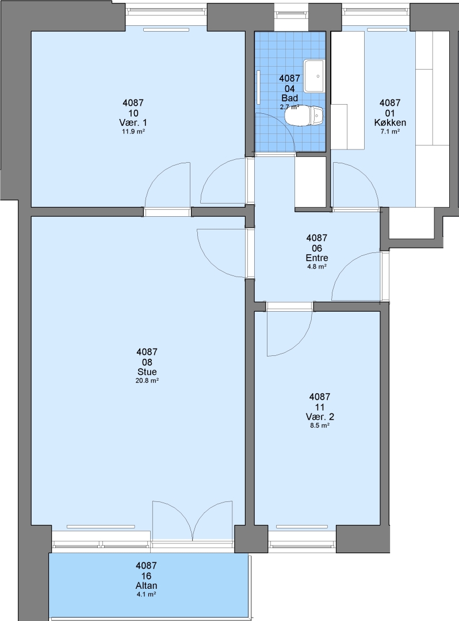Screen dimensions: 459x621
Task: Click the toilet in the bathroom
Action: click(304, 116)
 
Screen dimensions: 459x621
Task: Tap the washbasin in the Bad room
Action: click(313, 76)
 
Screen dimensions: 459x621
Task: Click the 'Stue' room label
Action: click(147, 372)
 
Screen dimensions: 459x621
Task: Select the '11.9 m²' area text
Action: click(133, 132)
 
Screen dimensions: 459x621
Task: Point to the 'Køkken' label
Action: click(390, 123)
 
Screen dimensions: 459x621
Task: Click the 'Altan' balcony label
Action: click(146, 586)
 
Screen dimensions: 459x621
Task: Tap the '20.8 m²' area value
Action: click(147, 381)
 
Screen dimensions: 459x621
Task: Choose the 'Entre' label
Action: click(317, 258)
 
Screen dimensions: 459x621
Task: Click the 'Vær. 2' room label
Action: click(320, 417)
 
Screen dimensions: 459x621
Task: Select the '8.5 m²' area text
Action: click(320, 425)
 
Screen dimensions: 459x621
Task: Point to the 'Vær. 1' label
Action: click(133, 123)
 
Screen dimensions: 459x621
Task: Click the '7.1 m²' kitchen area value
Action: click(390, 132)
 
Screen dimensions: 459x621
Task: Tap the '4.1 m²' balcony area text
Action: click(146, 595)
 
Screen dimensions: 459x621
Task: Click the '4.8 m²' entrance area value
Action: click(317, 267)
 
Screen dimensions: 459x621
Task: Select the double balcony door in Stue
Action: click(193, 520)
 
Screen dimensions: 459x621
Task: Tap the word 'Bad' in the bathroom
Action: click(289, 98)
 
